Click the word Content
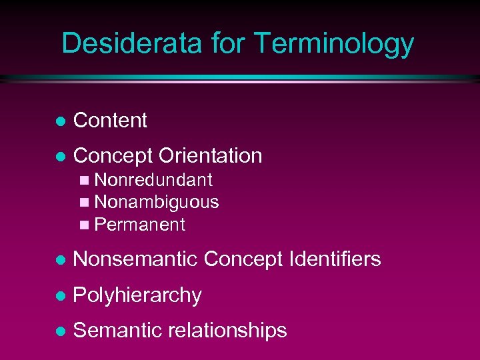click(x=110, y=121)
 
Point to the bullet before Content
click(x=60, y=121)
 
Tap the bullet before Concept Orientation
click(x=60, y=157)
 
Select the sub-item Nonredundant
click(x=153, y=180)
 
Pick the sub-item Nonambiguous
click(x=157, y=202)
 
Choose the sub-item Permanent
click(x=140, y=225)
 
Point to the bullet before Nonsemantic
click(x=60, y=260)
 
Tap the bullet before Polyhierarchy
click(x=60, y=296)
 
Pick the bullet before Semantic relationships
click(x=60, y=331)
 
